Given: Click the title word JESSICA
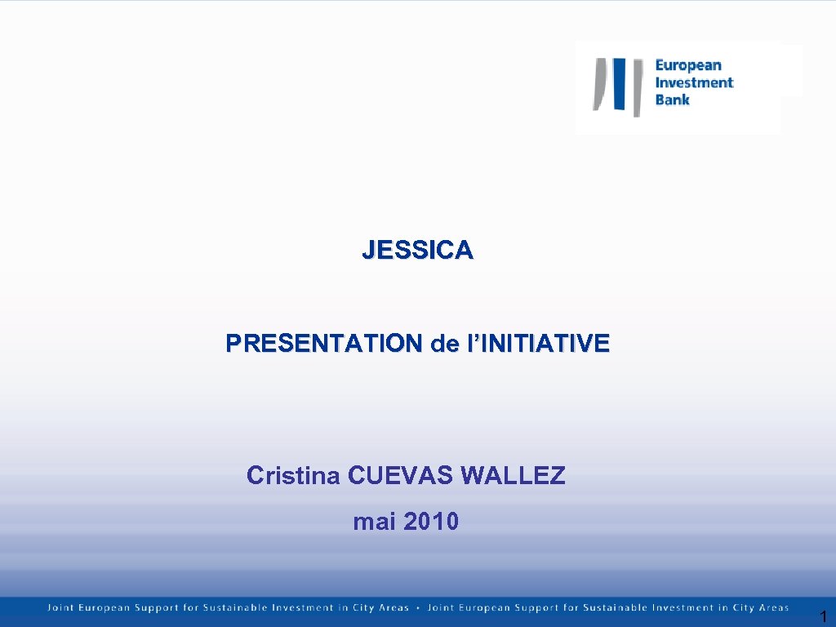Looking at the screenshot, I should pos(417,250).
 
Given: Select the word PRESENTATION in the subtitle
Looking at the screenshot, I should pos(325,344).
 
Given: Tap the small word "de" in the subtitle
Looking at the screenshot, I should pos(445,344).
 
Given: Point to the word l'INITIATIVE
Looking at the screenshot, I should pos(537,344).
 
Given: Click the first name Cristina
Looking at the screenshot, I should pos(293,474).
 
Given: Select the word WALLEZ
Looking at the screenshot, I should pos(513,474).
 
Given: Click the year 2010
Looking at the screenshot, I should pos(431,521).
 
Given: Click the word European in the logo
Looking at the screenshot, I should pos(688,65).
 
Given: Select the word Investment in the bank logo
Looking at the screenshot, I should pos(694,82).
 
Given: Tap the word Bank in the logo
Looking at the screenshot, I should pos(673,100).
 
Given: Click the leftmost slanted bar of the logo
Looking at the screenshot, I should pos(599,83).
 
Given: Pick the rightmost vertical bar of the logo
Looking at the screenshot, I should pos(637,86).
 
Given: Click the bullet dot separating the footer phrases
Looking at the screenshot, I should pos(418,607).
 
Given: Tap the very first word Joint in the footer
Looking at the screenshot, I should pos(59,607).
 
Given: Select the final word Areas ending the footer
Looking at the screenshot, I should pos(773,607).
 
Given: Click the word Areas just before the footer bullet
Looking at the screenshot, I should pos(394,607).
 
